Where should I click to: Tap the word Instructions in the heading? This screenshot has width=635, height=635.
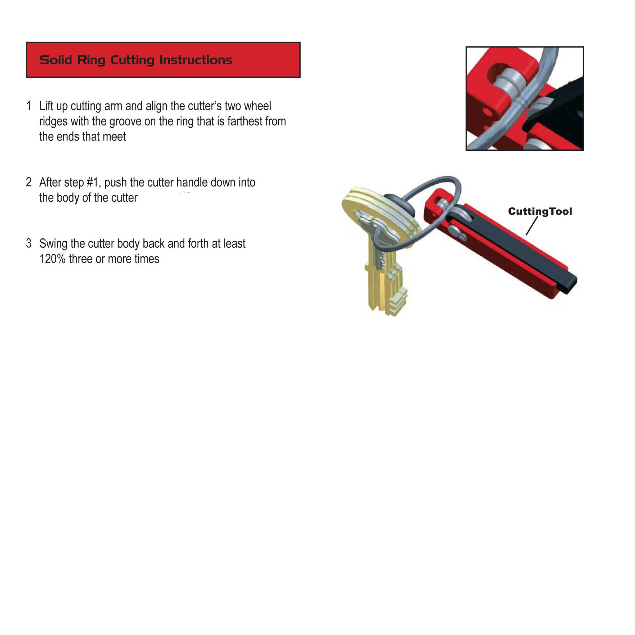point(196,60)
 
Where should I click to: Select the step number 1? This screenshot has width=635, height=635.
point(29,106)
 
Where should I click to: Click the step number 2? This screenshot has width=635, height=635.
point(29,182)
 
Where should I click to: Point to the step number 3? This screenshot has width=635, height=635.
point(29,243)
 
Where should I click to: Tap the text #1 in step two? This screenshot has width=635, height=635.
point(94,182)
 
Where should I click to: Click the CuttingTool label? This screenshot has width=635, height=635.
point(540,211)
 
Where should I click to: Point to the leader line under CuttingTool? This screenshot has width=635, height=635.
point(532,226)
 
